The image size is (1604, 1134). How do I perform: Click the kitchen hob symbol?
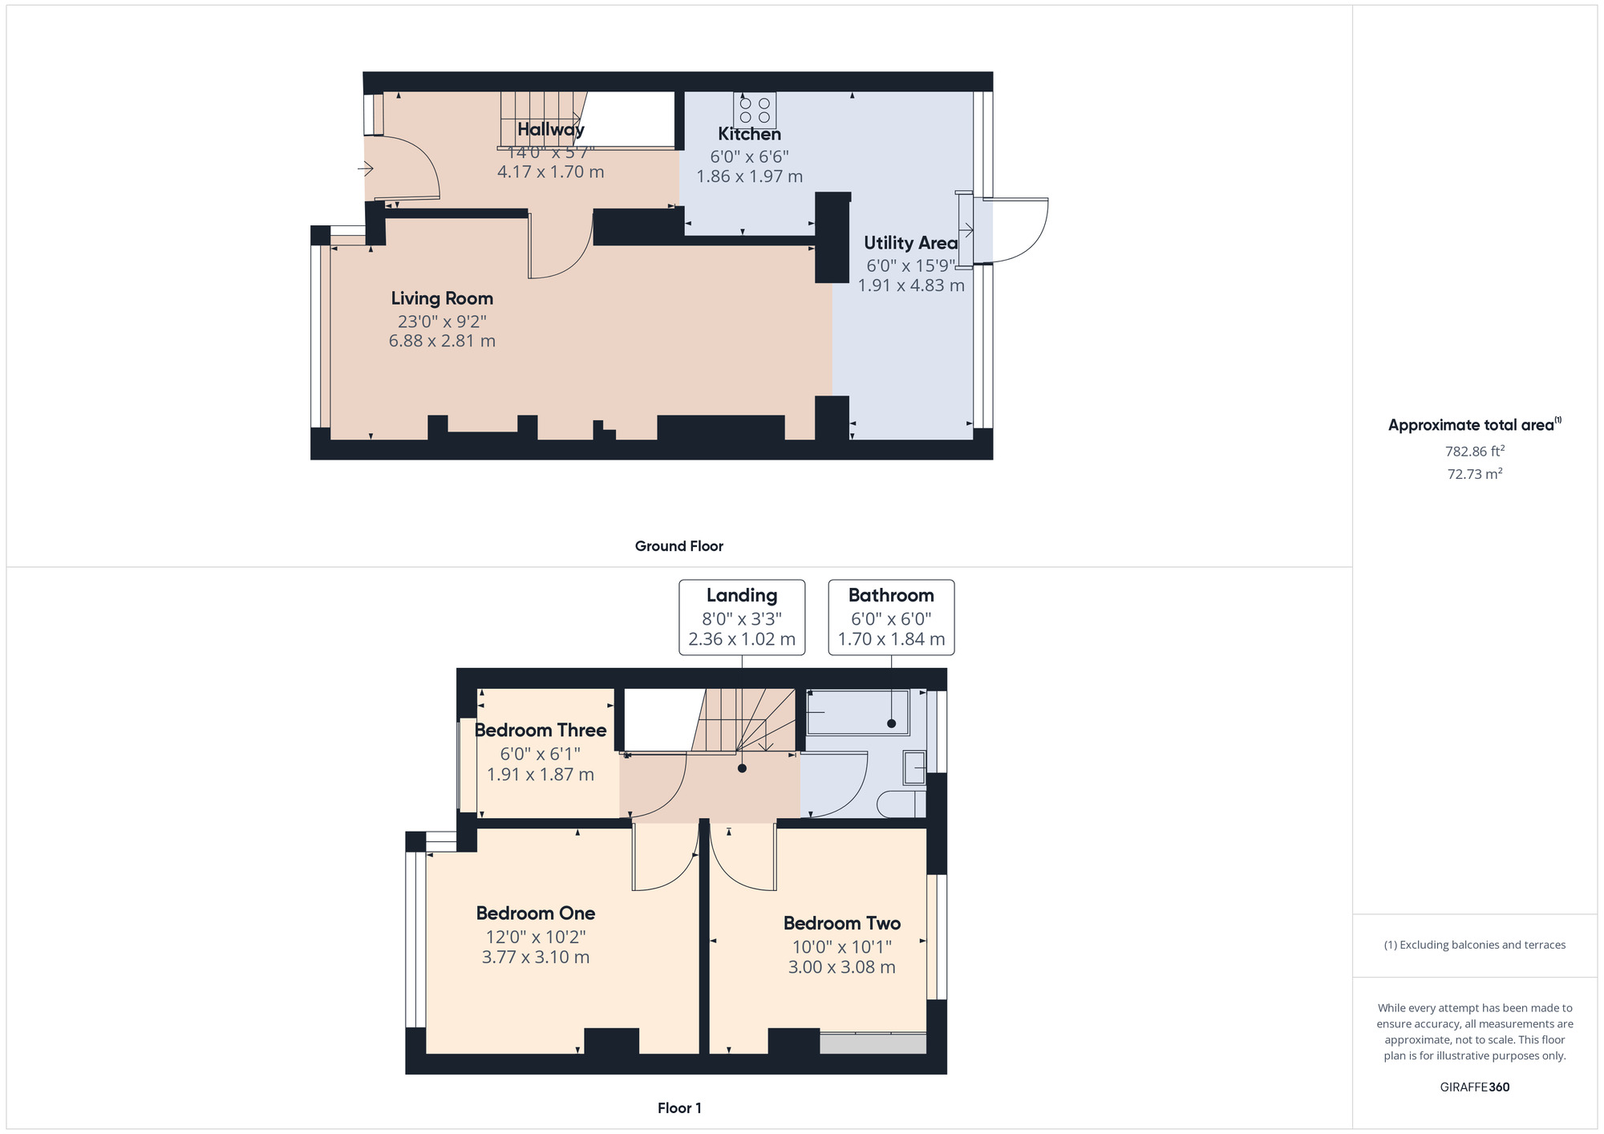pos(755,111)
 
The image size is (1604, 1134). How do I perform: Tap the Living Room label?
pos(442,298)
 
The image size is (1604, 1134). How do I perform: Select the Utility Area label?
pos(911,243)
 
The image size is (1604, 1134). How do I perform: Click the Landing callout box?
pos(742,618)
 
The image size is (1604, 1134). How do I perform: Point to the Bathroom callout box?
pos(891,618)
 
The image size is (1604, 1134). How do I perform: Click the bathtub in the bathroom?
pos(857,712)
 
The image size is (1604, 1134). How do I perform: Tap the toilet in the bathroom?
pos(901,804)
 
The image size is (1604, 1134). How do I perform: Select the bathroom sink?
pos(914,767)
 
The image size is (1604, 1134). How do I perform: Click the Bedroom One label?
pos(536,913)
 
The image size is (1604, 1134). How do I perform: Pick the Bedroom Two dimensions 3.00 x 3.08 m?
pos(842,967)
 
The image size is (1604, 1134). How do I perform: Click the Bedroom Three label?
pos(541,731)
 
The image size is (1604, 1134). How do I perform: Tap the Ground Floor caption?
pos(679,546)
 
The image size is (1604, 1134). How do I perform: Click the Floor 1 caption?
pos(679,1108)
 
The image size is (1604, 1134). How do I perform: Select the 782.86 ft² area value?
pos(1475,451)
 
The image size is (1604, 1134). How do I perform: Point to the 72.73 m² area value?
pos(1475,474)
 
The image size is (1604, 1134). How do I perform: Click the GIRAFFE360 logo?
pos(1475,1087)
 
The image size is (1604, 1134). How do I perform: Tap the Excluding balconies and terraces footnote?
pos(1475,945)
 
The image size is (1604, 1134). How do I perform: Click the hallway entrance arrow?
pos(365,168)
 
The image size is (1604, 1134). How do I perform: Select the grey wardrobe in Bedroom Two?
pos(873,1043)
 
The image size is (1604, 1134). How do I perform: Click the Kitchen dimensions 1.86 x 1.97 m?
pos(750,176)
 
